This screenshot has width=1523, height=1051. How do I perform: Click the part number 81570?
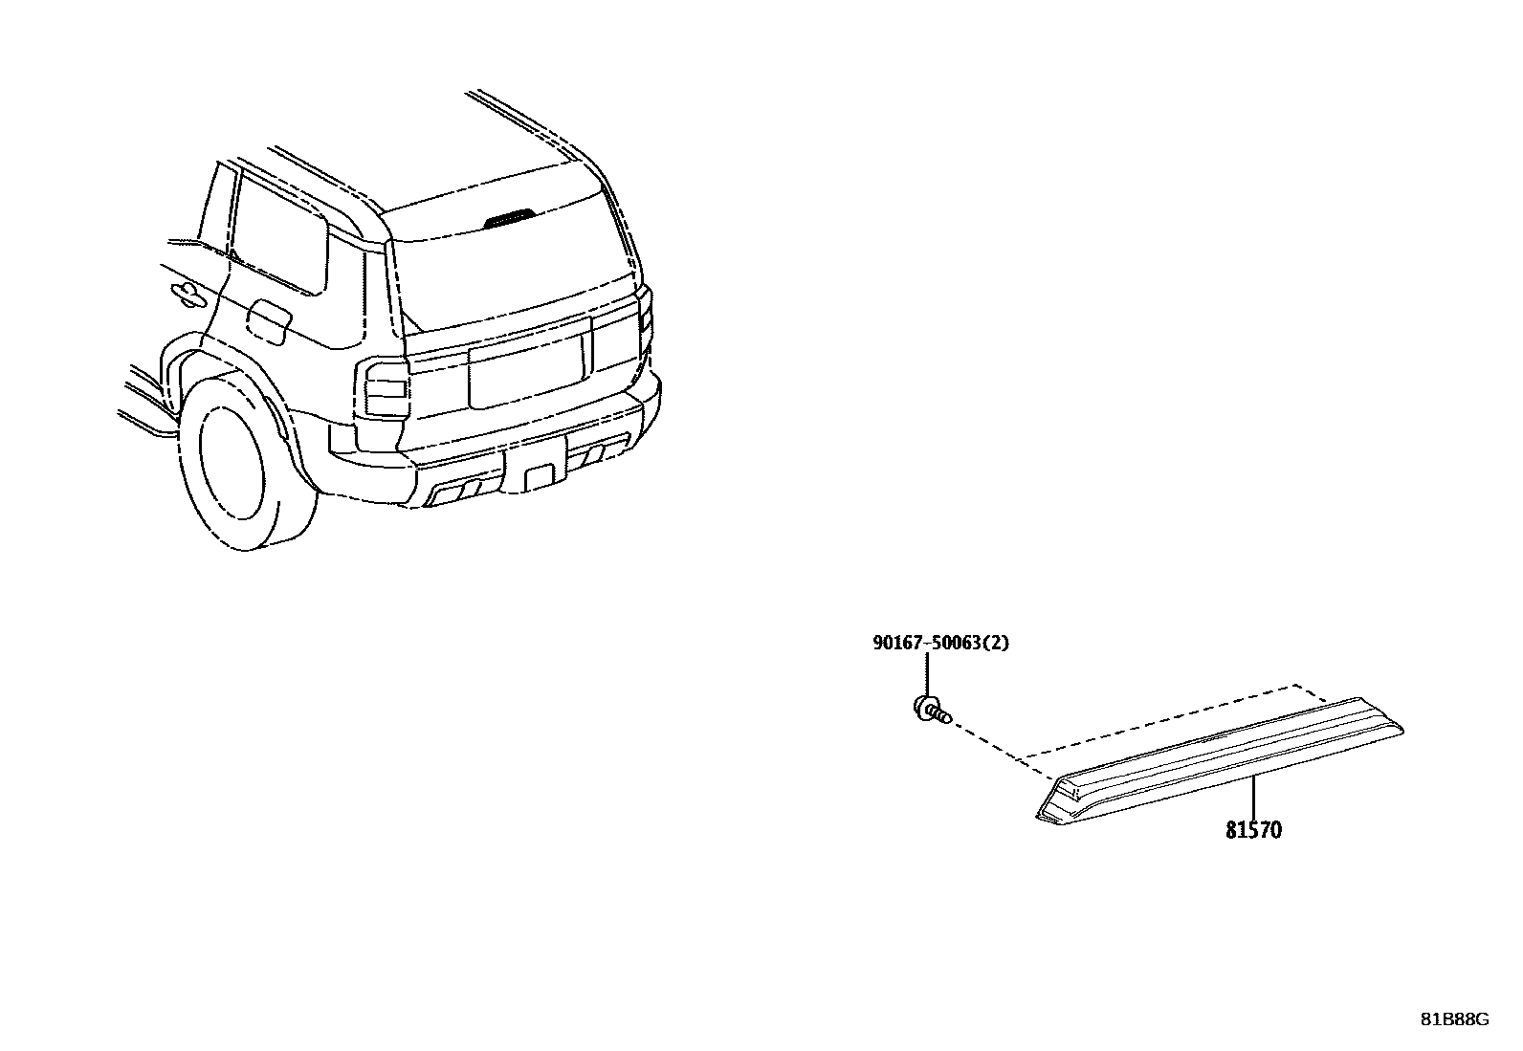1253,829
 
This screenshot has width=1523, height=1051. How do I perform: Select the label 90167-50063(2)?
939,643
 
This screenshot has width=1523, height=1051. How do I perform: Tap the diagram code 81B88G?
1454,1019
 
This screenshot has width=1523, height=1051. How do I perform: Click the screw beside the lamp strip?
931,711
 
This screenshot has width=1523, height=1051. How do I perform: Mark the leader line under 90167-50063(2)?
925,676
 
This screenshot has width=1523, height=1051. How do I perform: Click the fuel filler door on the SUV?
269,323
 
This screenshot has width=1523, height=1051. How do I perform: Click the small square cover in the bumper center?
540,477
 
